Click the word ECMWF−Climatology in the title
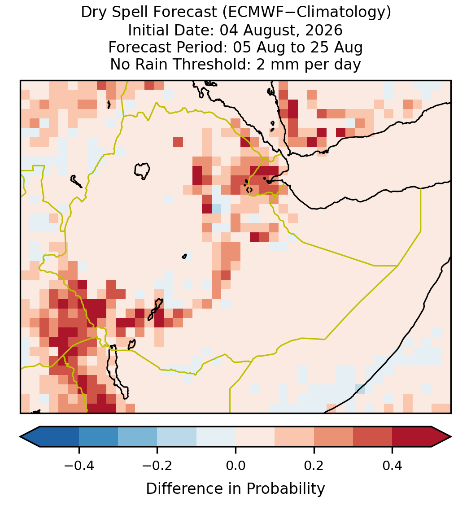pyautogui.click(x=306, y=13)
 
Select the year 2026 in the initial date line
pyautogui.click(x=324, y=30)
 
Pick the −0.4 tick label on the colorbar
pyautogui.click(x=78, y=466)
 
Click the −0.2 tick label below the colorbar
pyautogui.click(x=157, y=466)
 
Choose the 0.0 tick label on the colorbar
pyautogui.click(x=235, y=466)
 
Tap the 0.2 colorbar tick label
pyautogui.click(x=314, y=466)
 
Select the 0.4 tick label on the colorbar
pyautogui.click(x=392, y=466)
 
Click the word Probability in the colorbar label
pyautogui.click(x=285, y=489)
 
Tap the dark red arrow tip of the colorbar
pyautogui.click(x=450, y=437)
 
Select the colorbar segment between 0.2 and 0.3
pyautogui.click(x=333, y=437)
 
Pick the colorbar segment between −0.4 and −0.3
pyautogui.click(x=98, y=437)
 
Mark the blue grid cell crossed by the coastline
pyautogui.click(x=360, y=389)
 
